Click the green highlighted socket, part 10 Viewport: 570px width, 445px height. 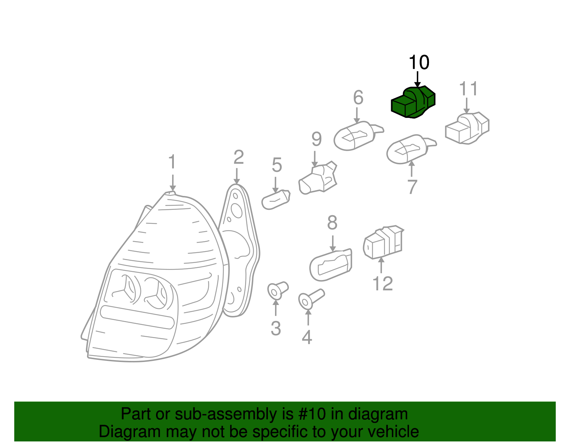413,102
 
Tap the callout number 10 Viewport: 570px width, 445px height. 419,63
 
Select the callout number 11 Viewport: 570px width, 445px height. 468,89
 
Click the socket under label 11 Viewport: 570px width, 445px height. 467,129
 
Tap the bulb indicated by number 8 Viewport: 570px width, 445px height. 331,264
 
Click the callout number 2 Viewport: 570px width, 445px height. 238,157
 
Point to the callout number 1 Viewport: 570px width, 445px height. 172,162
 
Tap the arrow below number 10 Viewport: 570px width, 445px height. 418,79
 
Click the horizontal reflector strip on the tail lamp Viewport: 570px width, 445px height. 137,316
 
